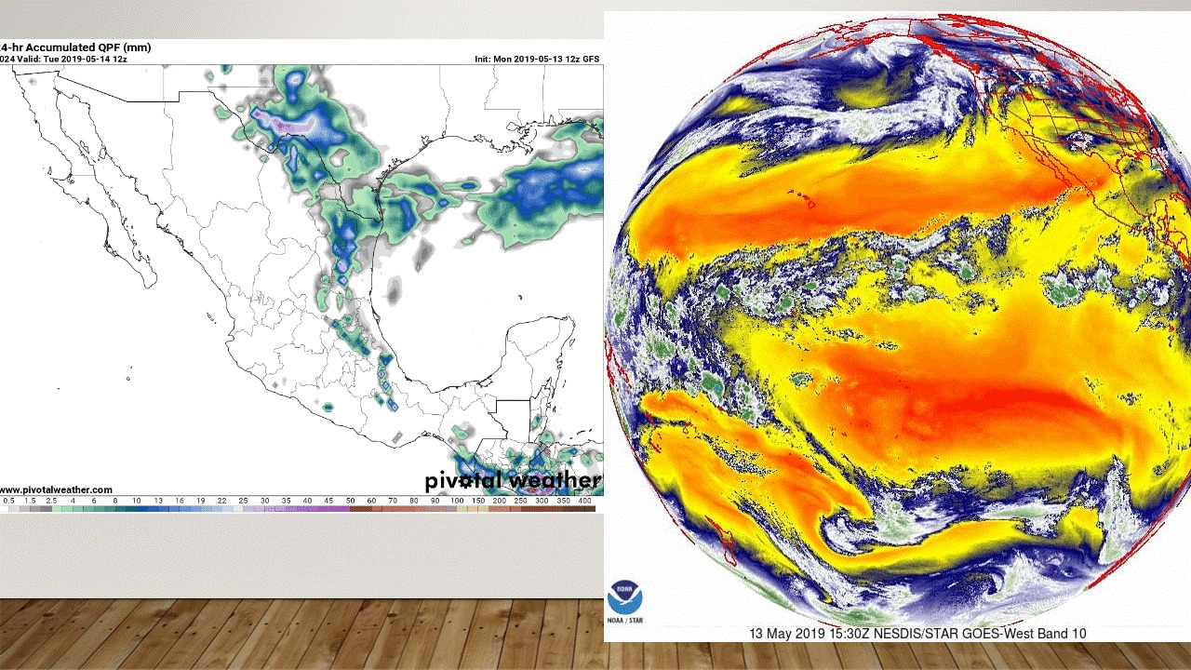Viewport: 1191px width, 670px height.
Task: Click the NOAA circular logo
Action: click(x=625, y=597)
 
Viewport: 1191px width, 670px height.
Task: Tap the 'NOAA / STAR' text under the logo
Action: click(x=625, y=620)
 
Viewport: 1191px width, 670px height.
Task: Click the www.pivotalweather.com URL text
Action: click(x=56, y=489)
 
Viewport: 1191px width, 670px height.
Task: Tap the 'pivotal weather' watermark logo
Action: click(x=513, y=481)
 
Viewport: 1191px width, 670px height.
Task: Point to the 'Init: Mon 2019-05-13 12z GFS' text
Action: click(x=537, y=59)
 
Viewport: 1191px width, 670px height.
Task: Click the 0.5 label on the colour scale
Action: click(x=9, y=501)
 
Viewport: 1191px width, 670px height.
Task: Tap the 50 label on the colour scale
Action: click(x=350, y=501)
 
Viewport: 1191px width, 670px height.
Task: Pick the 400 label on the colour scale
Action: click(x=584, y=501)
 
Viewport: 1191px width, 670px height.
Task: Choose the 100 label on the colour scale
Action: click(x=457, y=501)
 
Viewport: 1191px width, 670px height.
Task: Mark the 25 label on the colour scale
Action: click(x=244, y=501)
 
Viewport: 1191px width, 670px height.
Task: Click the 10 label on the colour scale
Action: click(x=136, y=501)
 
